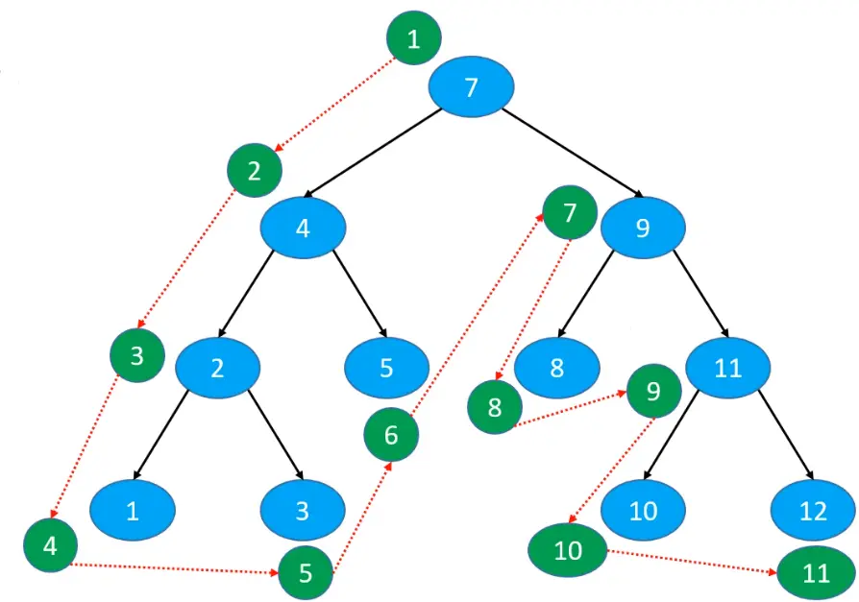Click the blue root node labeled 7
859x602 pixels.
click(x=471, y=88)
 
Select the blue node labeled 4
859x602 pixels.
click(x=303, y=228)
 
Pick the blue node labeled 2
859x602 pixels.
click(x=218, y=368)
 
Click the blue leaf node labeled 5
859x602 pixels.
click(x=386, y=368)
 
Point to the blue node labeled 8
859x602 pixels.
click(x=556, y=368)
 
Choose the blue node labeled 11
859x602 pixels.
click(x=728, y=368)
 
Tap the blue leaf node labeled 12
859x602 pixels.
click(x=813, y=509)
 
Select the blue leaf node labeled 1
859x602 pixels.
click(x=133, y=509)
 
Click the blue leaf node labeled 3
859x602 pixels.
click(x=302, y=509)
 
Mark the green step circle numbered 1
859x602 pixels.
click(x=414, y=39)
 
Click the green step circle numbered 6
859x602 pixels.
click(x=391, y=435)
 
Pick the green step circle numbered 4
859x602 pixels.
click(x=51, y=545)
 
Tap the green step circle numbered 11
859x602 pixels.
click(x=816, y=574)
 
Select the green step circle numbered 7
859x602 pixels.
click(x=570, y=212)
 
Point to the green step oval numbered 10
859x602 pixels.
click(x=568, y=550)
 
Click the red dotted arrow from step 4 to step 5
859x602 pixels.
click(x=173, y=569)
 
